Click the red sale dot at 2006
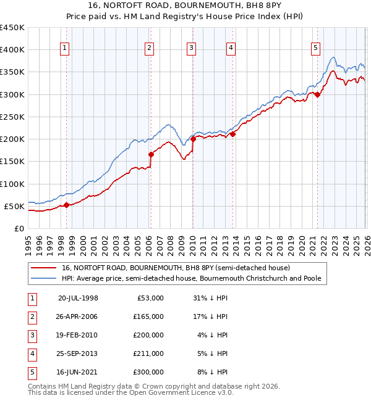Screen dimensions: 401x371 tap(151, 154)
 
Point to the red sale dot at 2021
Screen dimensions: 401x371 tap(317, 94)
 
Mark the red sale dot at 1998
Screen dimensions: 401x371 tap(66, 205)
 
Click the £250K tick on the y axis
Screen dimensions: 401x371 tap(12, 117)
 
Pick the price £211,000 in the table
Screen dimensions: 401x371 tap(148, 353)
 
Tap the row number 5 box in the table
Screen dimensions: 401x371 tap(32, 372)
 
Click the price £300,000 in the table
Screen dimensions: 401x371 tap(148, 372)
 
